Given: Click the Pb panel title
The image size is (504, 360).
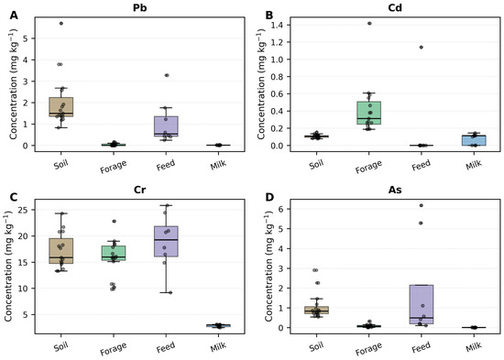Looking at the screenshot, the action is (x=140, y=7).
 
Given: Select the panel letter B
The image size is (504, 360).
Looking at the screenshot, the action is (x=269, y=15).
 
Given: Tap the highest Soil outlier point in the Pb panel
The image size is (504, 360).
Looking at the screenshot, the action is (x=61, y=24).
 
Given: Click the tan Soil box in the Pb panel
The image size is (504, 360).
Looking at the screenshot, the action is (x=61, y=107).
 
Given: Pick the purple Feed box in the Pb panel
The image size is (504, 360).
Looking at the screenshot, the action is (x=166, y=126).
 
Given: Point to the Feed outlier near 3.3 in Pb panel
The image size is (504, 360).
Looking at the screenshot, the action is (x=167, y=75).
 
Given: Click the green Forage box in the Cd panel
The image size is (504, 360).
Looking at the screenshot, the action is (x=368, y=113).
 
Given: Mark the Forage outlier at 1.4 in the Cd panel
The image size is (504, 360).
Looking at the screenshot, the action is (x=369, y=24).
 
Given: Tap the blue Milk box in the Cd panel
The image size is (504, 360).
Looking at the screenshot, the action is (x=474, y=140).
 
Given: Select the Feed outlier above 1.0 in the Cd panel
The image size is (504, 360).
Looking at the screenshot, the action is (x=422, y=48).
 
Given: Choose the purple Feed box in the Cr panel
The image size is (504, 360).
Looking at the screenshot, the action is (x=166, y=242).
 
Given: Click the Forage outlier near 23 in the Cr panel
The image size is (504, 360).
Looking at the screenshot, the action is (x=114, y=222).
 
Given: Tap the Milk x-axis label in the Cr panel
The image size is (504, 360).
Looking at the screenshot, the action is (x=218, y=346).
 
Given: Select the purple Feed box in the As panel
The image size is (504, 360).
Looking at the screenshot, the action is (x=422, y=304).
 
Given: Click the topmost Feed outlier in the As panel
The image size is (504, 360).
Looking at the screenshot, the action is (x=422, y=205).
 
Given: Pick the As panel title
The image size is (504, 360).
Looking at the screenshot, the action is (x=395, y=190).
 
